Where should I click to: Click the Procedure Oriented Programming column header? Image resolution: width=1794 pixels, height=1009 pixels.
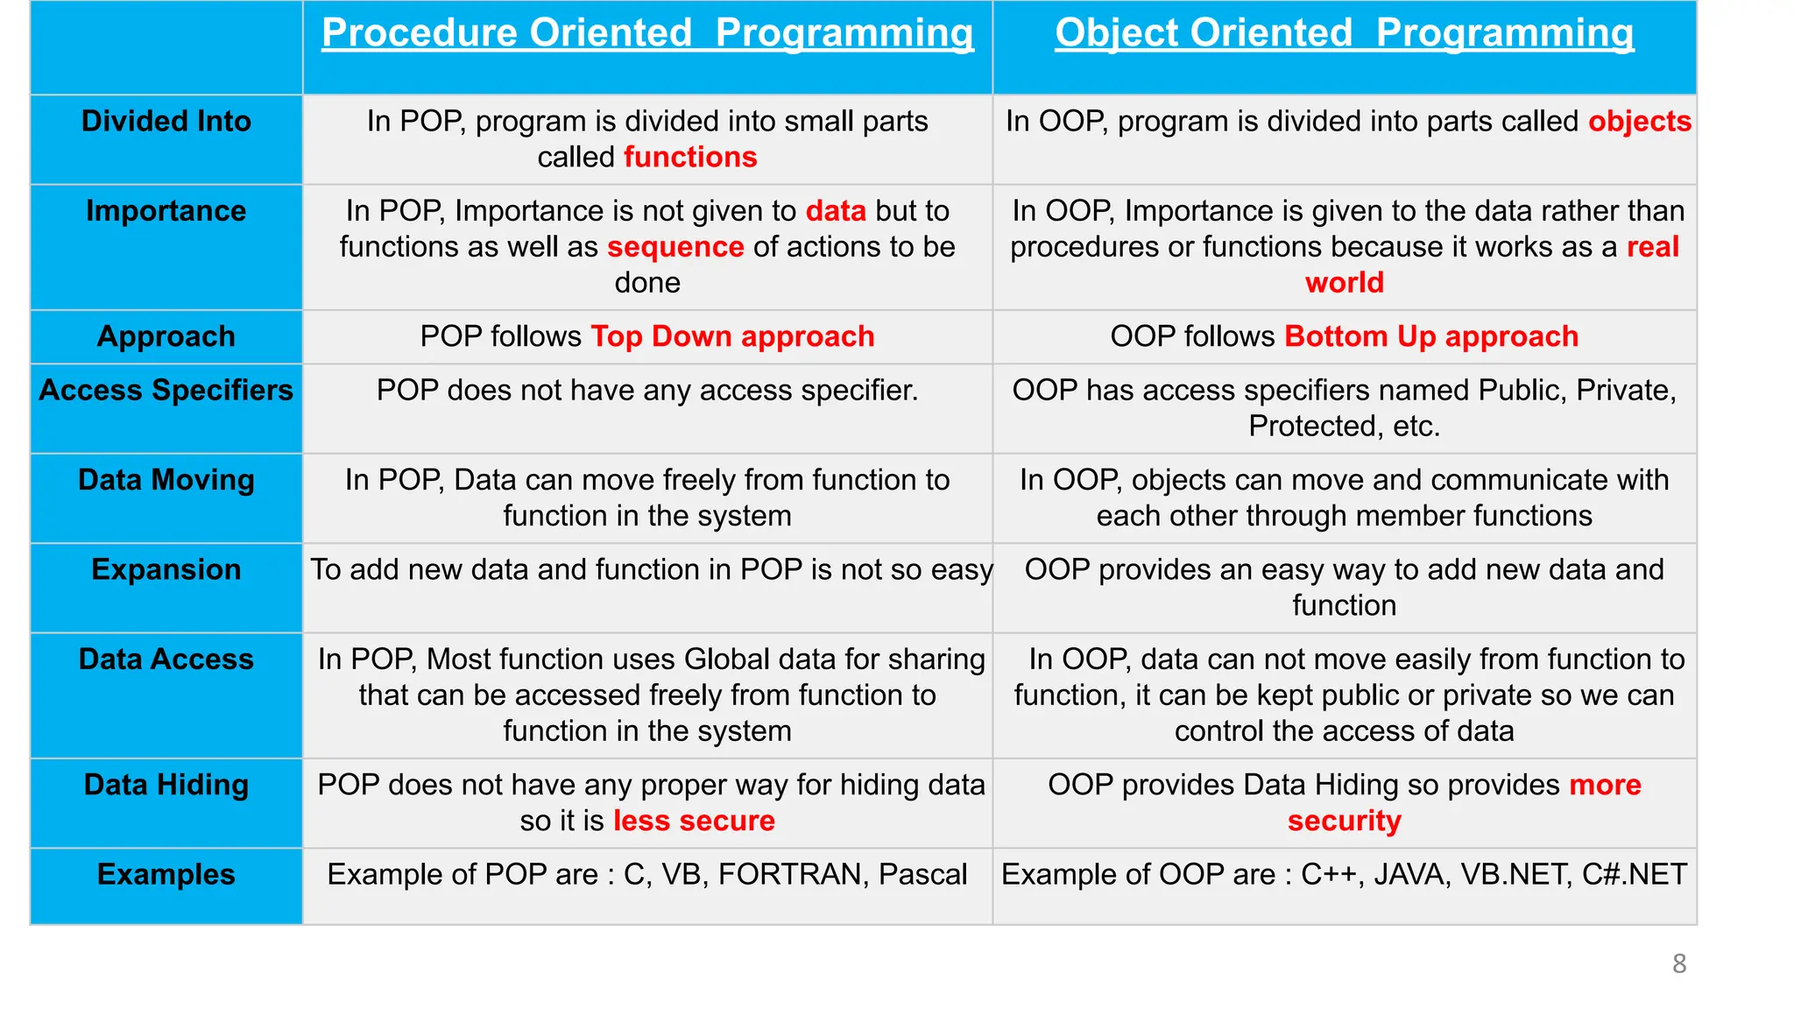647,33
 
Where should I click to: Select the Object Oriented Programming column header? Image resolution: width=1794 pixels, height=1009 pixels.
1344,33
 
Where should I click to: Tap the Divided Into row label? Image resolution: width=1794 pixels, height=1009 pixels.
166,121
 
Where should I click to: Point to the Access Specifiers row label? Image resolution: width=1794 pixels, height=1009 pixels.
166,390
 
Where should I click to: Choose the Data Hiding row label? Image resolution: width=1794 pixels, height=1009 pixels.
166,785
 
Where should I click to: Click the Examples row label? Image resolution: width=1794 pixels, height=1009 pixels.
166,874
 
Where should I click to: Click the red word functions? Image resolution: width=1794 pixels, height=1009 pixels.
690,158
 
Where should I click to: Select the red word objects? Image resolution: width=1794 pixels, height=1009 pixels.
1639,121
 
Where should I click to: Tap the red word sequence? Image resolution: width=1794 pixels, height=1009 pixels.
675,247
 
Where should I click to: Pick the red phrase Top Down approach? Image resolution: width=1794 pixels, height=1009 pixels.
732,336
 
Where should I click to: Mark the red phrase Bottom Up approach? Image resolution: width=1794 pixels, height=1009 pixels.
1431,336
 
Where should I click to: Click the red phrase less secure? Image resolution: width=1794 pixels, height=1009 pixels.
694,821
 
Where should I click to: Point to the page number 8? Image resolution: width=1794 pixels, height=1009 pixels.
1678,963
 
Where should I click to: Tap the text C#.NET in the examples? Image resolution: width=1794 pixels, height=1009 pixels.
1634,874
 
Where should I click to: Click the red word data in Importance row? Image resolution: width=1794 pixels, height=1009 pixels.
836,211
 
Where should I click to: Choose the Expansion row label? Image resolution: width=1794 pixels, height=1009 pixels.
166,569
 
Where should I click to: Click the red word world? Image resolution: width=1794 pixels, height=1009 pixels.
1344,283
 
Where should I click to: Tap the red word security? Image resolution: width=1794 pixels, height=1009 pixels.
1344,821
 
